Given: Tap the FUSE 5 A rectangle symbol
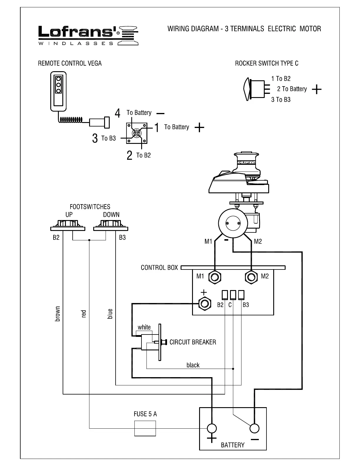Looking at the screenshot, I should tap(145, 428).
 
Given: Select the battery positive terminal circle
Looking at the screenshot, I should tap(211, 428).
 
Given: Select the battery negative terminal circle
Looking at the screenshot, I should tap(254, 428).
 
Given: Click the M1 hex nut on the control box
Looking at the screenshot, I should tap(215, 277).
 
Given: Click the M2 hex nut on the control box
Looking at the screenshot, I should tap(251, 277).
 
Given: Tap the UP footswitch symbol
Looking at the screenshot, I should tap(67, 226).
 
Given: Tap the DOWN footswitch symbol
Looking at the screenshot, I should tap(111, 226).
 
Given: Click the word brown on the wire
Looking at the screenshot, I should tap(58, 314).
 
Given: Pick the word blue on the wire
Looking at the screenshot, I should tap(110, 314).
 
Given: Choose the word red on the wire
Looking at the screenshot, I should tap(84, 314).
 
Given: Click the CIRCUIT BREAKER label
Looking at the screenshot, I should tap(193, 342).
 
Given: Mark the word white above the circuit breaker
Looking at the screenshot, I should tap(144, 327).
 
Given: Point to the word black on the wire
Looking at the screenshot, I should tap(193, 365).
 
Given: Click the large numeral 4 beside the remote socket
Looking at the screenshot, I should tap(118, 113).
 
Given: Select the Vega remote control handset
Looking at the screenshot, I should tap(58, 91).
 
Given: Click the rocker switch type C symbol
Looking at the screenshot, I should tap(255, 89).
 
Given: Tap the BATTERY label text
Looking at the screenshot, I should tap(233, 445).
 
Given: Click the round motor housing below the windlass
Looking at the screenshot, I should tap(233, 224).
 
